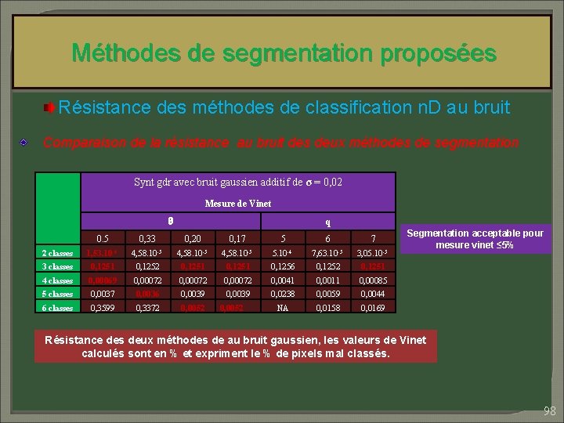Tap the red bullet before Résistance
coord(49,107)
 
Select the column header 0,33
coord(146,239)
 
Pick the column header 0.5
coord(102,239)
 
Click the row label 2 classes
coord(57,253)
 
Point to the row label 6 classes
coord(57,308)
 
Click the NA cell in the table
coord(282,308)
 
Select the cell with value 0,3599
coord(102,308)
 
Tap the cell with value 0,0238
coord(282,294)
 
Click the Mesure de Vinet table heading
coord(237,204)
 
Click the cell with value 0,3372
coord(146,308)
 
